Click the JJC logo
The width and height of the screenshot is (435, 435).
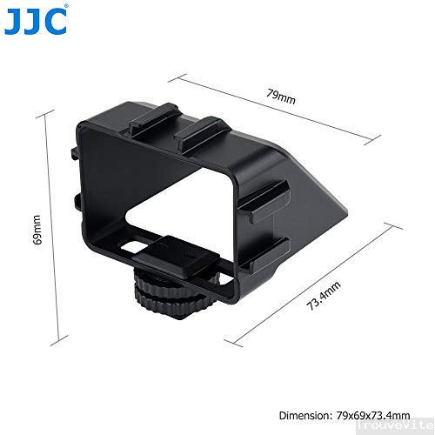(36, 21)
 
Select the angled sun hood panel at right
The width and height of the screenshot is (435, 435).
(326, 196)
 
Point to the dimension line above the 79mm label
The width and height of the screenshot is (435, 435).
(280, 108)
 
